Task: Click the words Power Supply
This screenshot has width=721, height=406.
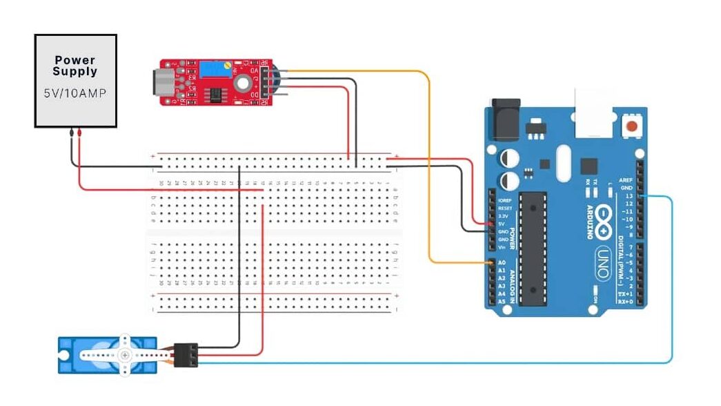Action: (x=75, y=66)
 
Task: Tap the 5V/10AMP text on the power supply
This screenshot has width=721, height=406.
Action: (x=75, y=93)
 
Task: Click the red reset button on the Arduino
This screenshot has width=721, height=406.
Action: (x=631, y=127)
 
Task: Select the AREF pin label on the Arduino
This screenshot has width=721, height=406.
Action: (x=626, y=180)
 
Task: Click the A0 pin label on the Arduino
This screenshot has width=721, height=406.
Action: (x=502, y=263)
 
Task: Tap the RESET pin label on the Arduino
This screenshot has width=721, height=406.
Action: (x=505, y=208)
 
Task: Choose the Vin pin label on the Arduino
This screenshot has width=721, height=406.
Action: (x=502, y=247)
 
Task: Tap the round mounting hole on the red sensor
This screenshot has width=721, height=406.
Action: (x=242, y=84)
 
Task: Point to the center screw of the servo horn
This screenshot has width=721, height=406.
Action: (x=125, y=355)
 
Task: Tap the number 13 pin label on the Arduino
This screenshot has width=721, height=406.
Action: (x=627, y=196)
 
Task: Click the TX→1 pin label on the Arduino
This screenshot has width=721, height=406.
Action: (x=624, y=293)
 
